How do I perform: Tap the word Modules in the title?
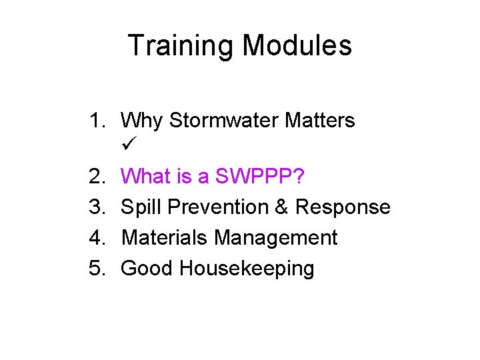point(297,46)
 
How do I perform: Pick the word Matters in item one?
point(320,121)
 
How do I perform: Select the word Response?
point(343,207)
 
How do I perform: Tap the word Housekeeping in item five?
point(247,269)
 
